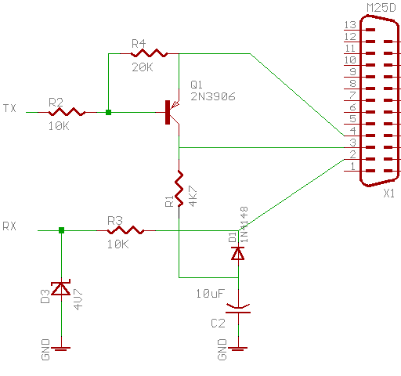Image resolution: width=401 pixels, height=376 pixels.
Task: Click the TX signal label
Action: pyautogui.click(x=9, y=108)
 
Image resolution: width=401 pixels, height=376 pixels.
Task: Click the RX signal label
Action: pyautogui.click(x=9, y=226)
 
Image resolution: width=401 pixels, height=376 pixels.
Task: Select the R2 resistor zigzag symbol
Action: pyautogui.click(x=67, y=112)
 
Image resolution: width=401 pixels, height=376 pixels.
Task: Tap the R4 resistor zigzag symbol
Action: pyautogui.click(x=149, y=53)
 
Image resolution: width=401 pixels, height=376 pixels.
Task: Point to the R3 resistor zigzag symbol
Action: pyautogui.click(x=125, y=230)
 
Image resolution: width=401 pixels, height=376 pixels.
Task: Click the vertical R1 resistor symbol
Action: pyautogui.click(x=179, y=188)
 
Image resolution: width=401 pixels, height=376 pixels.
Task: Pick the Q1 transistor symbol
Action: pyautogui.click(x=172, y=112)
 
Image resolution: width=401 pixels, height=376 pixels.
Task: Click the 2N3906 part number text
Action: pyautogui.click(x=213, y=96)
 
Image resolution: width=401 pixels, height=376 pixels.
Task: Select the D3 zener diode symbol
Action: pyautogui.click(x=61, y=288)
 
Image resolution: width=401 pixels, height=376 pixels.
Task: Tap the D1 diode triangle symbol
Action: pyautogui.click(x=238, y=253)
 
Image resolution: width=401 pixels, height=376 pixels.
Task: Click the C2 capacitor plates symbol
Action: pyautogui.click(x=238, y=308)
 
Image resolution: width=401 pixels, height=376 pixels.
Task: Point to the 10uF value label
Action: pyautogui.click(x=210, y=294)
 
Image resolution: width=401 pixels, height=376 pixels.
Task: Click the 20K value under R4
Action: pyautogui.click(x=143, y=67)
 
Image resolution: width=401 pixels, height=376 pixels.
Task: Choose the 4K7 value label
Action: pyautogui.click(x=193, y=196)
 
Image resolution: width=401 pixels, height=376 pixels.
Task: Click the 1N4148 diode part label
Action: pyautogui.click(x=244, y=225)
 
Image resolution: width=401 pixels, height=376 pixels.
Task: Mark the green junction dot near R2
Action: pyautogui.click(x=108, y=112)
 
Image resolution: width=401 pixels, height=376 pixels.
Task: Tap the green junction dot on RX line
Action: pyautogui.click(x=61, y=230)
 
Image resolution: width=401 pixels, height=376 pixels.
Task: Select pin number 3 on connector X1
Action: pyautogui.click(x=353, y=143)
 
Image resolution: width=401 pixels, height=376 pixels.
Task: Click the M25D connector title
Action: pyautogui.click(x=381, y=8)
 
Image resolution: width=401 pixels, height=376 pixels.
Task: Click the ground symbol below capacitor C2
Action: pyautogui.click(x=238, y=349)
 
